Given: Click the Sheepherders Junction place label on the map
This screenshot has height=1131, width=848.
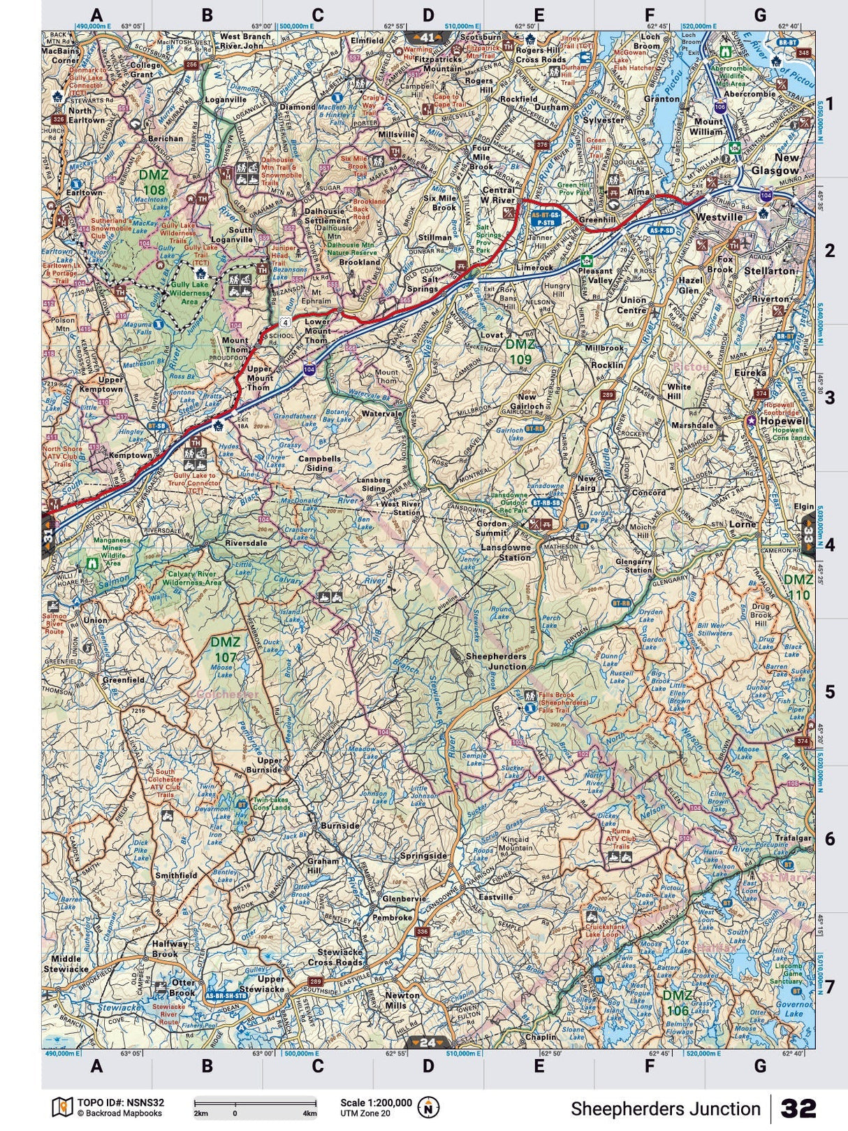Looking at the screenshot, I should tap(496, 661).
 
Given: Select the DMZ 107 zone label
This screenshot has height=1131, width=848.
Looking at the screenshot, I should tap(226, 649).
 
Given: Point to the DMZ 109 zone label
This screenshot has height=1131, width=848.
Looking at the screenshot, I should tap(521, 352).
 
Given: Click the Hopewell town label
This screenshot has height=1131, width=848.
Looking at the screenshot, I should tap(782, 422).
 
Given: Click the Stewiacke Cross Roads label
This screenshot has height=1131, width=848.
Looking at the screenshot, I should tap(339, 957).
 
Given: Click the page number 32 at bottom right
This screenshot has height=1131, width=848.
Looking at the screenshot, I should tap(798, 1109).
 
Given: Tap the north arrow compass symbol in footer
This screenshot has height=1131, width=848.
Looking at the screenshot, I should tap(427, 1107).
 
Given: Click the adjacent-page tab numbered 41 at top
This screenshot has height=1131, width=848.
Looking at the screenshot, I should tap(427, 36).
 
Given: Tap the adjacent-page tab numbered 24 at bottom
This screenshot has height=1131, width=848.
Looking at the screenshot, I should tap(427, 1043).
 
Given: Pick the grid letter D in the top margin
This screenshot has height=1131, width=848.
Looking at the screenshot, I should tap(428, 15).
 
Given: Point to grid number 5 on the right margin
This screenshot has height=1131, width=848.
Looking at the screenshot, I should tap(830, 692).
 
